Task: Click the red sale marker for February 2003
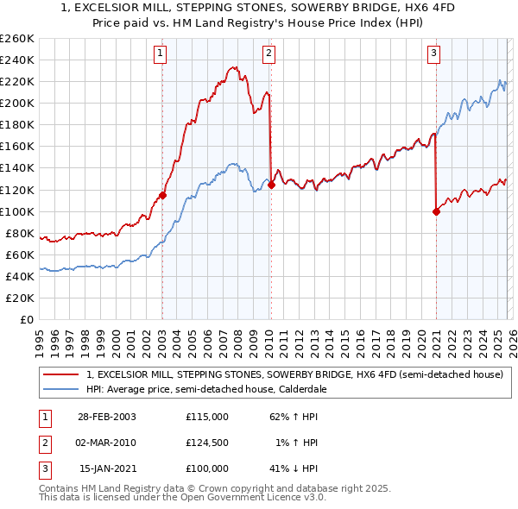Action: click(x=162, y=195)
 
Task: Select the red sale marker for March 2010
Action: click(x=271, y=185)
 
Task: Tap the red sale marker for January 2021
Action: click(x=436, y=211)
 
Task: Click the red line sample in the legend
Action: click(x=62, y=374)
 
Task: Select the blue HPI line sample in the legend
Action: click(x=62, y=389)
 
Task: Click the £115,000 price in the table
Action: click(x=207, y=417)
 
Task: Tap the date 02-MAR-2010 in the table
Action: click(x=106, y=443)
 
